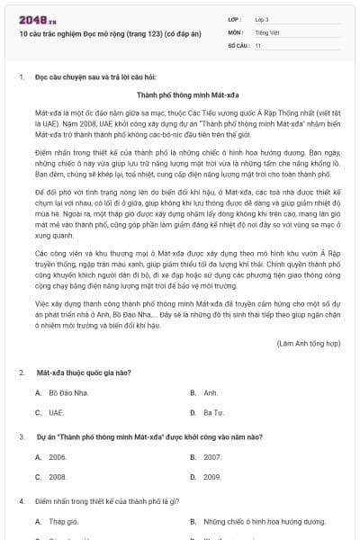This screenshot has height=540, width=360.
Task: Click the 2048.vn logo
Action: pos(33,19)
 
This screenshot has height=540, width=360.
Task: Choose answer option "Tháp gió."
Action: pos(63,521)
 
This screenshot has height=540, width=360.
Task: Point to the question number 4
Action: pos(21,500)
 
